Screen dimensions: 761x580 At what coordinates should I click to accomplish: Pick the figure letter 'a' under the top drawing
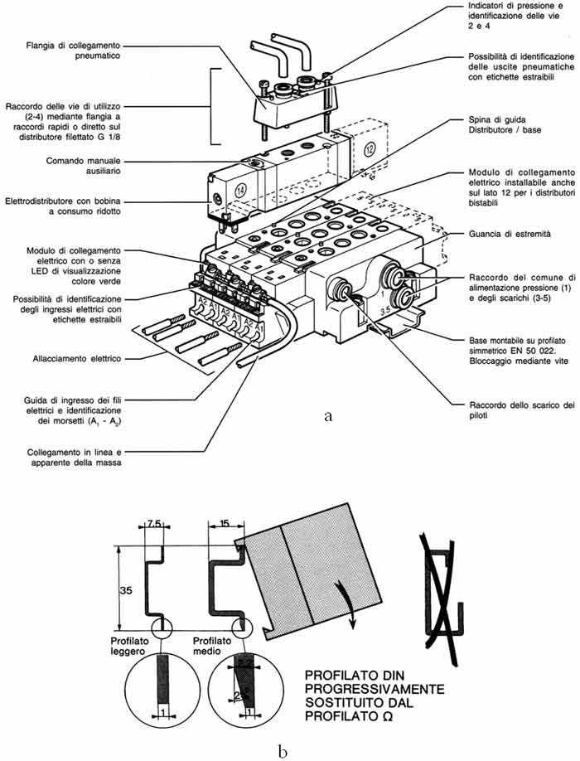click(x=329, y=416)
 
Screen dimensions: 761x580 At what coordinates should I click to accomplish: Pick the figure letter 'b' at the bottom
click(x=283, y=729)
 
